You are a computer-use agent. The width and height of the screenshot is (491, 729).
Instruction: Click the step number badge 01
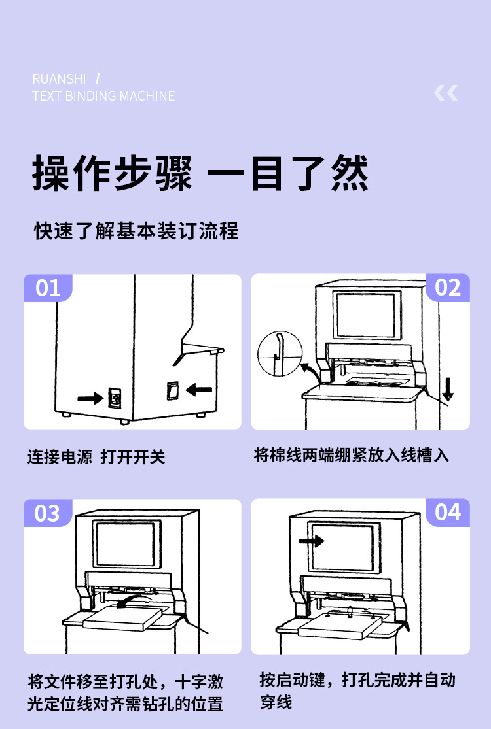pyautogui.click(x=48, y=288)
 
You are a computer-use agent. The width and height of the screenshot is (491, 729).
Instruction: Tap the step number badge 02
pyautogui.click(x=448, y=288)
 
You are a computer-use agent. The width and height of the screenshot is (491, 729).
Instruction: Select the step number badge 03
pyautogui.click(x=48, y=513)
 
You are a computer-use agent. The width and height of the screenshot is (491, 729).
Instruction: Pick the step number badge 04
pyautogui.click(x=448, y=512)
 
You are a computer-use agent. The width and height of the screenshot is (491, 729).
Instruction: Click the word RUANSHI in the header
pyautogui.click(x=59, y=79)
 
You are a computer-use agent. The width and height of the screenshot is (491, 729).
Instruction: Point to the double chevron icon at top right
pyautogui.click(x=446, y=93)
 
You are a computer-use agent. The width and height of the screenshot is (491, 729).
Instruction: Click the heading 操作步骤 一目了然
pyautogui.click(x=200, y=174)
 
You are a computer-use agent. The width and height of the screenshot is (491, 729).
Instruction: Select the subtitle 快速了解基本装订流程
pyautogui.click(x=136, y=231)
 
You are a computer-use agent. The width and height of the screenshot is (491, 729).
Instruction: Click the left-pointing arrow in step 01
pyautogui.click(x=199, y=390)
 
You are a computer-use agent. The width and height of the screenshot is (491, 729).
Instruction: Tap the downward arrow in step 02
pyautogui.click(x=448, y=388)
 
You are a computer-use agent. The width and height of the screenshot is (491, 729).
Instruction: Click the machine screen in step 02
pyautogui.click(x=365, y=315)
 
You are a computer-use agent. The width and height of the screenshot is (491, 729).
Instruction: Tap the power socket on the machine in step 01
pyautogui.click(x=115, y=398)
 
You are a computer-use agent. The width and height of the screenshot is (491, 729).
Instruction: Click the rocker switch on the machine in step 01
pyautogui.click(x=172, y=390)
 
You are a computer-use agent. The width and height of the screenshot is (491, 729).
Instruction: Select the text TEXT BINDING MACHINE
pyautogui.click(x=103, y=96)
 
